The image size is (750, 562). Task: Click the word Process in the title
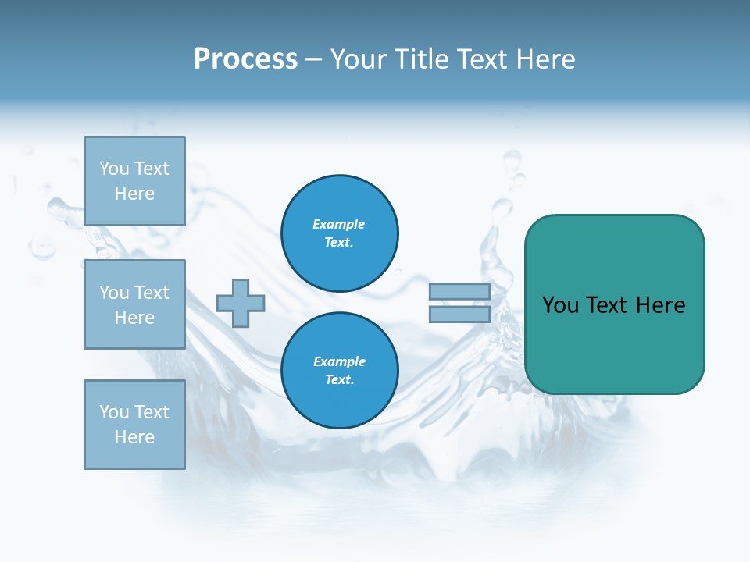[x=245, y=59]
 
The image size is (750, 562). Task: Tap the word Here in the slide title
[x=545, y=59]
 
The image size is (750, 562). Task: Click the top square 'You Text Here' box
[x=134, y=181]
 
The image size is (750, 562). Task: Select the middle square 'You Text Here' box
[x=134, y=304]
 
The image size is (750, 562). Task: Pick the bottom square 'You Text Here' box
[x=134, y=425]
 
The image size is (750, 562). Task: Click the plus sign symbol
[x=241, y=303]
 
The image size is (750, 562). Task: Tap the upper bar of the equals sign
[x=459, y=291]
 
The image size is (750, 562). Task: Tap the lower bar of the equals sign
[x=459, y=314]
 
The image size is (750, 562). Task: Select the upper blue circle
[x=339, y=233]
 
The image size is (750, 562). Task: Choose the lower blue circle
[x=339, y=371]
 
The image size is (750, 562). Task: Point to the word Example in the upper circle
[x=338, y=224]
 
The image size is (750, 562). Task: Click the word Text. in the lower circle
[x=339, y=380]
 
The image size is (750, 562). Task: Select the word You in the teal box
[x=560, y=305]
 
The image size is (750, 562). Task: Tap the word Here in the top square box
[x=134, y=194]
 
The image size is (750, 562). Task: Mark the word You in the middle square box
[x=114, y=293]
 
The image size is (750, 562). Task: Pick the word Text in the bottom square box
[x=151, y=412]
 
